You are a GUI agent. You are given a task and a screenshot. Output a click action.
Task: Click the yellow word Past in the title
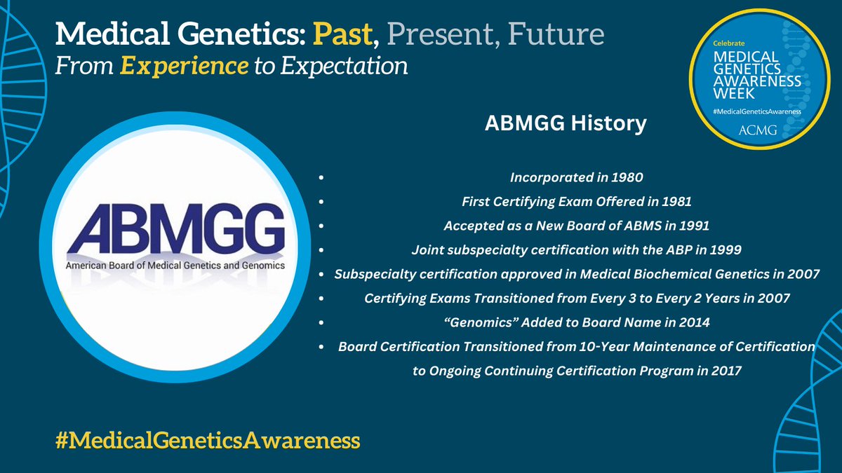(x=342, y=34)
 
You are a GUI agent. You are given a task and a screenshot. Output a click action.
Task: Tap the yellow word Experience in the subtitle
(x=184, y=67)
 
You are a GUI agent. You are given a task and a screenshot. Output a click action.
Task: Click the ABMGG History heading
(x=566, y=123)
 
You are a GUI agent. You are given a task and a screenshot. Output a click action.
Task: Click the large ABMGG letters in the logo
(x=175, y=229)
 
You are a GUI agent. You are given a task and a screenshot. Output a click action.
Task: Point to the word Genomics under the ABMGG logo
(x=263, y=266)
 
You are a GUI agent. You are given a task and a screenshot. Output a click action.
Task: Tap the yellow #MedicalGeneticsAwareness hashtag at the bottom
(x=208, y=440)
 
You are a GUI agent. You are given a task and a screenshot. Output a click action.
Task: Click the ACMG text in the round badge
(x=757, y=130)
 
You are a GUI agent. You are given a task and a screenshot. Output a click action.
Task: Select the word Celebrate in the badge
(x=729, y=43)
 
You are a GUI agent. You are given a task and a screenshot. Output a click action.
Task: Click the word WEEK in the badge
(x=734, y=93)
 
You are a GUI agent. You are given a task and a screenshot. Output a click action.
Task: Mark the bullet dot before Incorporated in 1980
(x=321, y=177)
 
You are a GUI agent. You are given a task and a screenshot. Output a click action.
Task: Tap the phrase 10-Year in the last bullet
(x=604, y=346)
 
